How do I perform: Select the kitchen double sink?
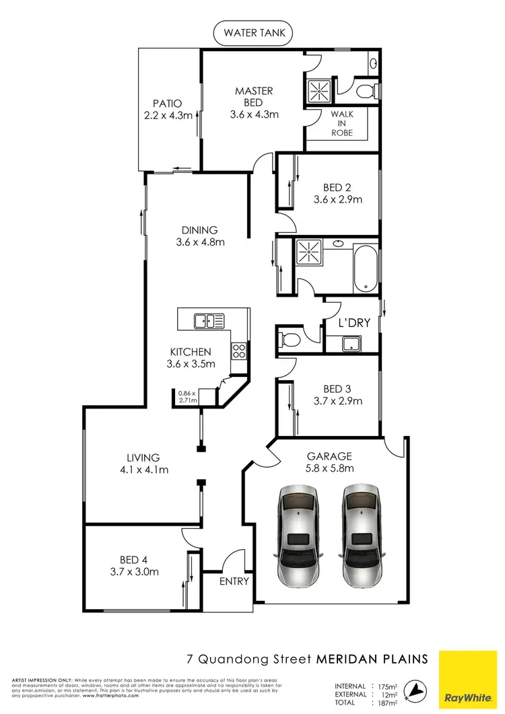click(209, 321)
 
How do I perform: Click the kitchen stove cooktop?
click(238, 350)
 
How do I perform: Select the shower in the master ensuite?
click(319, 90)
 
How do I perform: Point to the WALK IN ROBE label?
click(341, 123)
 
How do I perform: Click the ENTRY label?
click(234, 581)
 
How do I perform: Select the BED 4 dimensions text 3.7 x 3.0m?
click(133, 572)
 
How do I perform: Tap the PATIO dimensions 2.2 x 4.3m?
click(167, 116)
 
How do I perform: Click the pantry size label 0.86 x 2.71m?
click(187, 396)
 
